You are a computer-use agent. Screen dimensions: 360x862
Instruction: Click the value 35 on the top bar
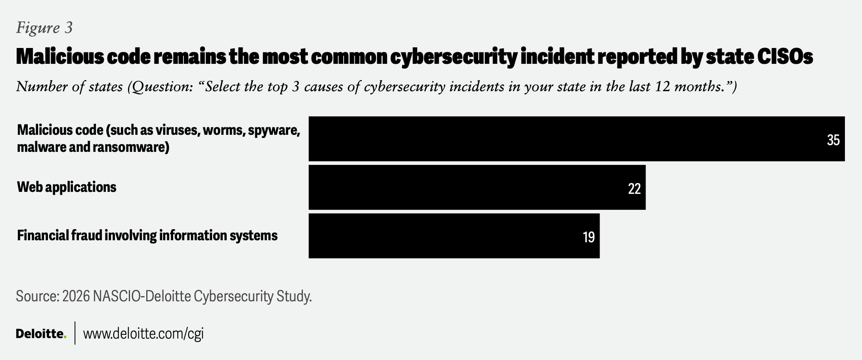coord(833,140)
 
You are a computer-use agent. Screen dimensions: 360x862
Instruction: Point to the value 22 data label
coord(634,189)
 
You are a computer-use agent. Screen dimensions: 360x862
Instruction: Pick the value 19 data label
coord(589,237)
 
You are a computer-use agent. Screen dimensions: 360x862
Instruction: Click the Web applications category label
coord(67,187)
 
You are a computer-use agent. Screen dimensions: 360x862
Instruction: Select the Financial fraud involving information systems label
coord(147,236)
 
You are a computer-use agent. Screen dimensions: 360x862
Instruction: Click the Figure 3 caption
coord(44,28)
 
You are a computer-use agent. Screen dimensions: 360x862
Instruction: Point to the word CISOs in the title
coord(785,57)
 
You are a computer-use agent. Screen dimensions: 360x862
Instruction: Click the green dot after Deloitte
coord(65,337)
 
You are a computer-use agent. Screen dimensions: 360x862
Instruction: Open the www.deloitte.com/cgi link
coord(143,333)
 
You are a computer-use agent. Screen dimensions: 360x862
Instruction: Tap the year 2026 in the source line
coord(76,296)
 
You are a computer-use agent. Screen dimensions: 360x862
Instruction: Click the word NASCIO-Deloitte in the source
coord(141,296)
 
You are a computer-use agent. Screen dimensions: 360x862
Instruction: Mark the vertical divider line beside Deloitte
coord(75,333)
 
